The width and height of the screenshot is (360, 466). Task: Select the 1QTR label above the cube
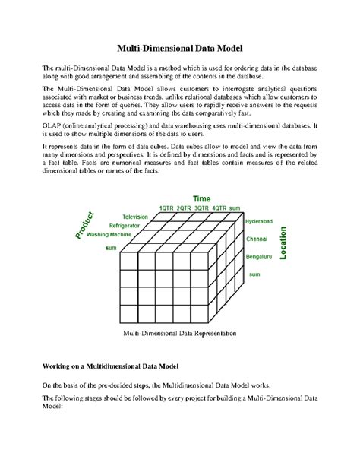click(x=166, y=208)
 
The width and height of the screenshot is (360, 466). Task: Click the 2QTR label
click(x=185, y=208)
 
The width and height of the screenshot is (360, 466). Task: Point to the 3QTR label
click(x=202, y=208)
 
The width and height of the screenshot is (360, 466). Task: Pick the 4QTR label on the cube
click(x=219, y=208)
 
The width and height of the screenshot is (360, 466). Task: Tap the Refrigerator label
click(x=124, y=227)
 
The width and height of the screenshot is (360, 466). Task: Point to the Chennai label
click(x=255, y=239)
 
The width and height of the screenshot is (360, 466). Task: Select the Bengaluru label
click(x=258, y=258)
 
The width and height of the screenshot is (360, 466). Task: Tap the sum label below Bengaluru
click(x=255, y=274)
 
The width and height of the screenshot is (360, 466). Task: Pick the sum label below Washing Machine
click(x=111, y=248)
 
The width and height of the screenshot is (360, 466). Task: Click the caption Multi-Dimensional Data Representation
click(x=179, y=333)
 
